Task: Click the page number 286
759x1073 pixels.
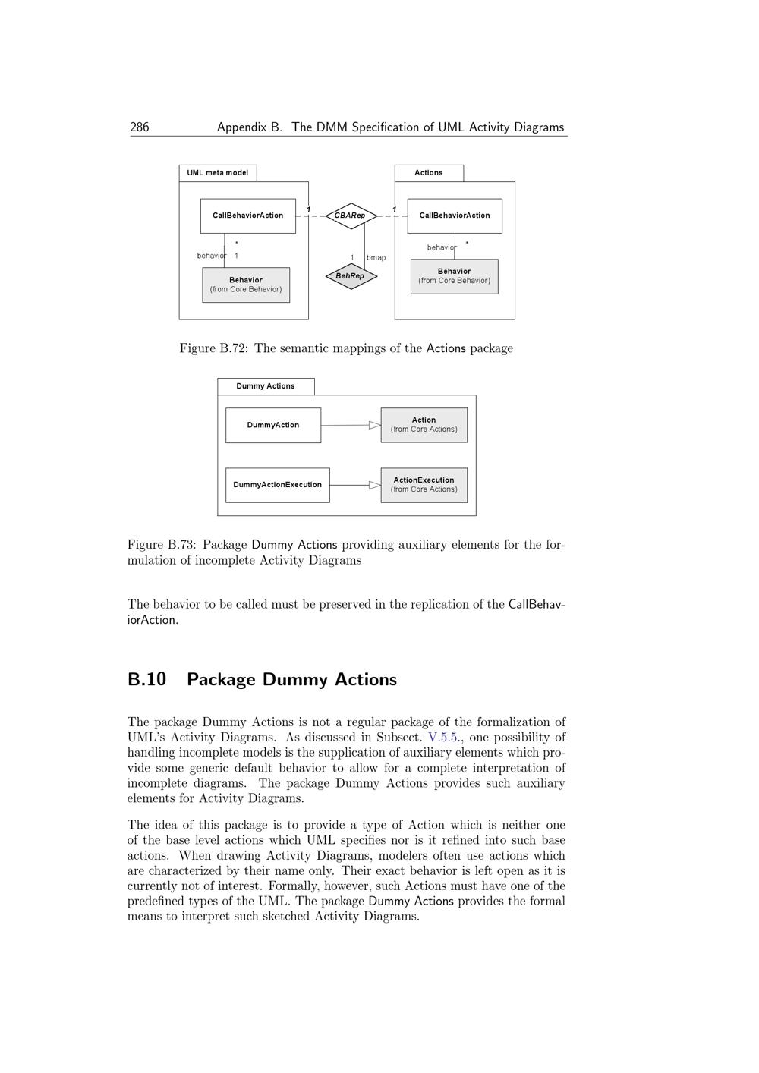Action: [x=140, y=127]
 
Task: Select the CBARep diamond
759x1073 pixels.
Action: [x=350, y=216]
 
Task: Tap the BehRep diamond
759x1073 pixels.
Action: [x=350, y=276]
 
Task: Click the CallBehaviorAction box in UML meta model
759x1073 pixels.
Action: [x=247, y=216]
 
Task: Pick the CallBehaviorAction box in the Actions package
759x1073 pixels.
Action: [x=455, y=216]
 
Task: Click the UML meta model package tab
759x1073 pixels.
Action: [x=218, y=173]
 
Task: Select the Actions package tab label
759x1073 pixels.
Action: [x=428, y=173]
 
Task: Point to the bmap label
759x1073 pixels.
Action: [x=376, y=258]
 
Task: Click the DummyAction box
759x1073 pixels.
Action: [x=273, y=425]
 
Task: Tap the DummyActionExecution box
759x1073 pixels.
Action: [x=277, y=485]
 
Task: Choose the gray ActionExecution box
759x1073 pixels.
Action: [x=424, y=485]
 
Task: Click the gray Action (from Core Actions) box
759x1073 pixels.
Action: [x=424, y=425]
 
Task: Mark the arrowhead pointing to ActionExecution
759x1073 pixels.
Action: [x=375, y=485]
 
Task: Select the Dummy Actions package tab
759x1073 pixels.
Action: [x=266, y=386]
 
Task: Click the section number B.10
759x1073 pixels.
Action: [x=147, y=679]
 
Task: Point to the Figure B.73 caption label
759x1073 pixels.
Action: [x=161, y=545]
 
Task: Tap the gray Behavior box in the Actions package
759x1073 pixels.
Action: [x=454, y=276]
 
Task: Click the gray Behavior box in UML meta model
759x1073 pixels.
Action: [x=246, y=285]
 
